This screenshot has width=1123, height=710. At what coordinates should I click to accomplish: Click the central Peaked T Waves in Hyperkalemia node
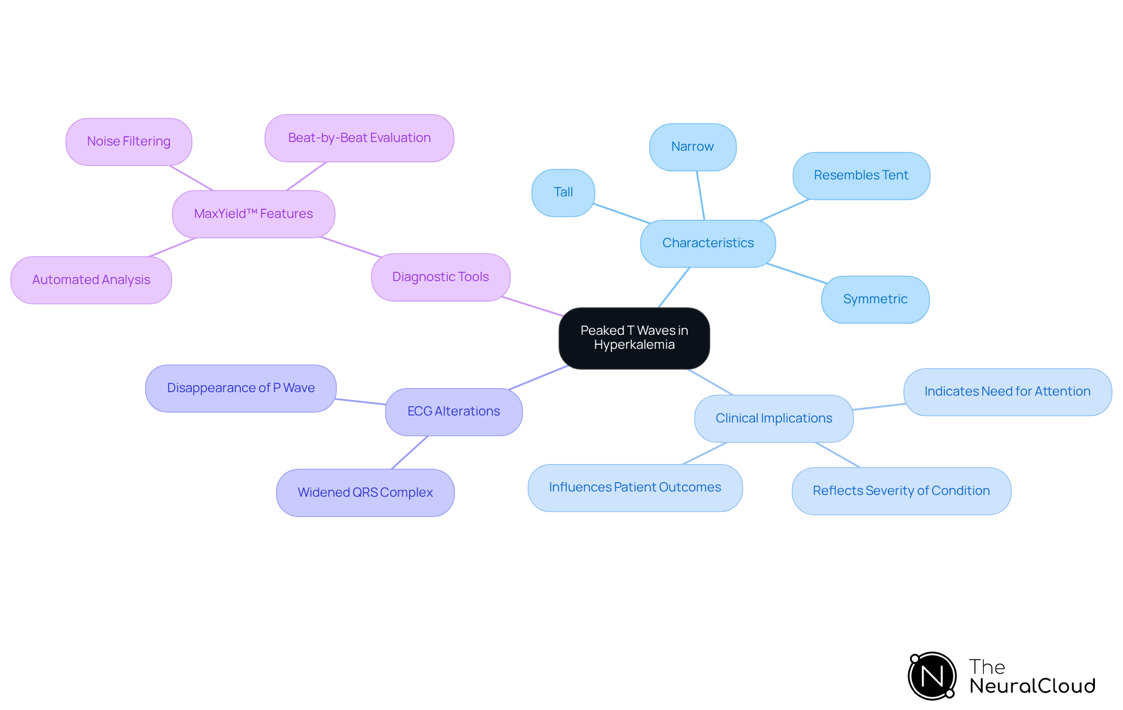(634, 338)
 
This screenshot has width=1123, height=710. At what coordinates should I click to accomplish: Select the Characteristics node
(708, 243)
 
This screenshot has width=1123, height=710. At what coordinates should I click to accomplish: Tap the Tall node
(563, 192)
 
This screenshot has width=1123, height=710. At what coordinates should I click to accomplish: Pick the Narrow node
(693, 147)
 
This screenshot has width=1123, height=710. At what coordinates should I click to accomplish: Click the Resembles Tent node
(861, 175)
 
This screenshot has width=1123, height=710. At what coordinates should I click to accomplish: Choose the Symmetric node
(875, 299)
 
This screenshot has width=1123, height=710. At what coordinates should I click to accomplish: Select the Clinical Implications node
(773, 418)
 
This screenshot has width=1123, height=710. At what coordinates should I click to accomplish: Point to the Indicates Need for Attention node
(1007, 392)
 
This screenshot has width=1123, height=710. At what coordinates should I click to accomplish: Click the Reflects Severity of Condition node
(901, 491)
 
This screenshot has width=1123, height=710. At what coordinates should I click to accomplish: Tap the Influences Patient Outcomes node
(635, 487)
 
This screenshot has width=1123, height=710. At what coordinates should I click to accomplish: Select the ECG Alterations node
(453, 411)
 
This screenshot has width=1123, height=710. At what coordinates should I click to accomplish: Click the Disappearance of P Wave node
(240, 388)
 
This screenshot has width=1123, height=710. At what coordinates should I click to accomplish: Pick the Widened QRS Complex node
(365, 493)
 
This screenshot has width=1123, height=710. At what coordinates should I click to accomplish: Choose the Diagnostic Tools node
(440, 277)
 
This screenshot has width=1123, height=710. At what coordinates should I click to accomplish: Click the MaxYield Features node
(253, 214)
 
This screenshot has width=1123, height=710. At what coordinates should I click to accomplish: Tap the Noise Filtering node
(129, 141)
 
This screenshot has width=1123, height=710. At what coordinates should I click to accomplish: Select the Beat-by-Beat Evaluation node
(359, 138)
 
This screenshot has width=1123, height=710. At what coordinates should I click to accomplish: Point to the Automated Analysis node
(91, 280)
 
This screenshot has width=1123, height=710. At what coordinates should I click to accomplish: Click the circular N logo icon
(932, 676)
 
